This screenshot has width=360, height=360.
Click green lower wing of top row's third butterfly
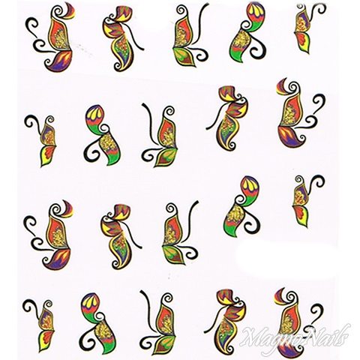coord(184,57)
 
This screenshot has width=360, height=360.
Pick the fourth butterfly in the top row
coord(246,32)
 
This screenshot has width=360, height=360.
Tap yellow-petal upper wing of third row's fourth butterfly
coord(249,189)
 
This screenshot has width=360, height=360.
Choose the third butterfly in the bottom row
coord(160,322)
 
